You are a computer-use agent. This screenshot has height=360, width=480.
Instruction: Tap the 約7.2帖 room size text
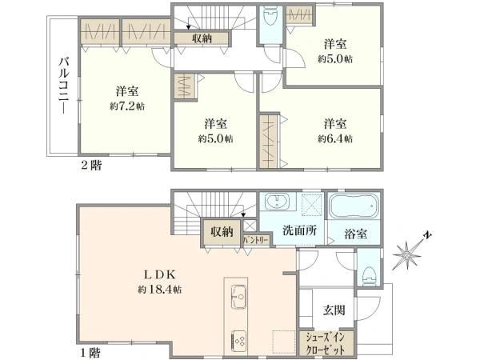point(128,105)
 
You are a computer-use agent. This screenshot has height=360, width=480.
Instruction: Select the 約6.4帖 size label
point(336,138)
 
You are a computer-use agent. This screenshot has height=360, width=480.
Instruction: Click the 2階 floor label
point(91,166)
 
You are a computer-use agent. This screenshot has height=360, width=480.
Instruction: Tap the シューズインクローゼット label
point(322,343)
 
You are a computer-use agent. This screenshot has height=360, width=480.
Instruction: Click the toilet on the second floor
point(270,17)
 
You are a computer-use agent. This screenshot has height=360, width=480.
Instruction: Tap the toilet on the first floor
point(366,273)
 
